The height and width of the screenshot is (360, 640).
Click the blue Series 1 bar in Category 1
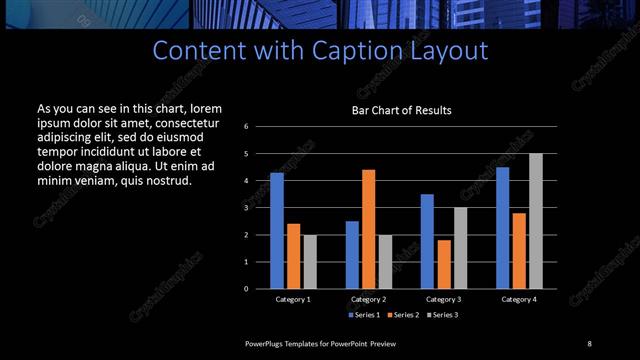(x=277, y=231)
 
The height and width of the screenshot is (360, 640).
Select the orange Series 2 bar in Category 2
(x=368, y=229)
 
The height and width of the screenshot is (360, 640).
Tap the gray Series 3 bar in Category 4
(x=535, y=221)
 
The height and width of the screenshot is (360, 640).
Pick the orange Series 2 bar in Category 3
(x=444, y=264)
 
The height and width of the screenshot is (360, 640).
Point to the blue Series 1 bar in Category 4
(x=502, y=228)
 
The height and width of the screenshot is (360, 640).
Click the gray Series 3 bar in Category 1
(x=309, y=262)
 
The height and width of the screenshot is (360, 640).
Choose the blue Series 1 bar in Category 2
(x=352, y=255)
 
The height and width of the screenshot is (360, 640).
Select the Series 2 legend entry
(x=402, y=315)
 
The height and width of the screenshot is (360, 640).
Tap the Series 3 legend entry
(x=442, y=315)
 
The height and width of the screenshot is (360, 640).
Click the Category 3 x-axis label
(x=444, y=299)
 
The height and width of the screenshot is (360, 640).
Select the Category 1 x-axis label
(x=293, y=299)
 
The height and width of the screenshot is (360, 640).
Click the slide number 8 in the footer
(x=589, y=344)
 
